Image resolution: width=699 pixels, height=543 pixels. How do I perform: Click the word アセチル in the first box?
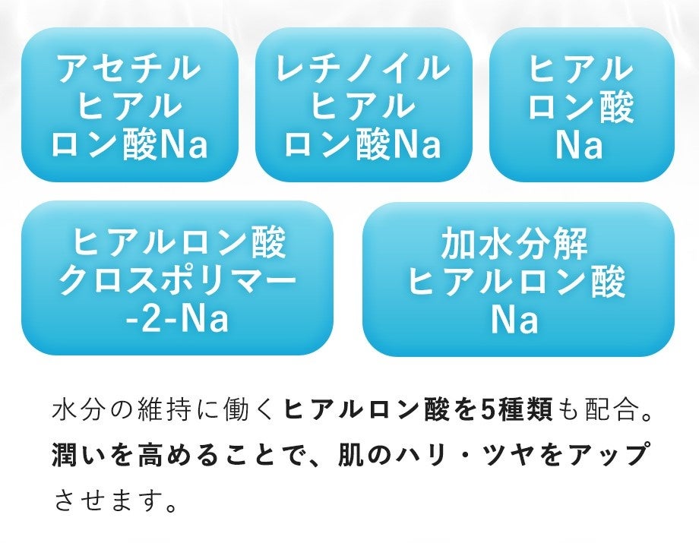(129, 69)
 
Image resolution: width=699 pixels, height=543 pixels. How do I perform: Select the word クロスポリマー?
(177, 283)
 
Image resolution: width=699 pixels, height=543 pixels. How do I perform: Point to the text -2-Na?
(177, 320)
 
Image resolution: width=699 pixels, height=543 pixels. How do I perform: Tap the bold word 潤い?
(77, 456)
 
